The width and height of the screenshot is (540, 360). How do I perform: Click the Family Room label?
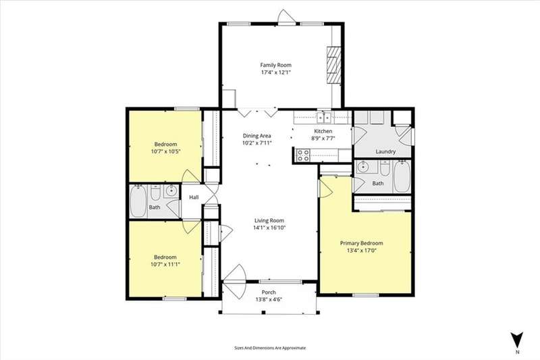pyautogui.click(x=275, y=65)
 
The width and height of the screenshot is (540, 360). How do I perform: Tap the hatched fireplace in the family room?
pyautogui.click(x=333, y=65)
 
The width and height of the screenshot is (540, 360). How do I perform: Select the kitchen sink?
pyautogui.click(x=324, y=118)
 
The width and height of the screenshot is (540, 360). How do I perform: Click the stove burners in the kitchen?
pyautogui.click(x=303, y=155)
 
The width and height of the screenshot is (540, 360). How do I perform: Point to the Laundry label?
pyautogui.click(x=385, y=151)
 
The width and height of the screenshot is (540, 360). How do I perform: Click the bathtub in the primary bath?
pyautogui.click(x=402, y=177)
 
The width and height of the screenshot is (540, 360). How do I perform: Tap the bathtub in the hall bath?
pyautogui.click(x=138, y=201)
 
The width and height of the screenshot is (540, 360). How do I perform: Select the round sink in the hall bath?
pyautogui.click(x=171, y=191)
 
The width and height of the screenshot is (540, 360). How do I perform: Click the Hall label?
pyautogui.click(x=194, y=197)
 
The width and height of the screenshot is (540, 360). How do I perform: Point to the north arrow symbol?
pyautogui.click(x=517, y=340)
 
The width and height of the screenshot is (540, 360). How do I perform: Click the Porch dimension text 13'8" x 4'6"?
pyautogui.click(x=269, y=299)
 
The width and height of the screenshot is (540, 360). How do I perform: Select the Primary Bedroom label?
pyautogui.click(x=361, y=243)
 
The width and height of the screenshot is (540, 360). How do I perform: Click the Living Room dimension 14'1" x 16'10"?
pyautogui.click(x=269, y=228)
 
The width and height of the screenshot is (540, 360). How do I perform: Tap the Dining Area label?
pyautogui.click(x=257, y=136)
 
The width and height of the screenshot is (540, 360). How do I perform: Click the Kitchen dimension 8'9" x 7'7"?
pyautogui.click(x=323, y=138)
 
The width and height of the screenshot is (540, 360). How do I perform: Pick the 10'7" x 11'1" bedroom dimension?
pyautogui.click(x=165, y=264)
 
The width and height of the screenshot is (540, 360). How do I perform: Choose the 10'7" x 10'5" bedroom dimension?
pyautogui.click(x=165, y=151)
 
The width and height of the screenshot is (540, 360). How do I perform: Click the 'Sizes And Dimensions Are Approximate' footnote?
pyautogui.click(x=269, y=348)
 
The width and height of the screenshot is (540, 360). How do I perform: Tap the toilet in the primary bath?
pyautogui.click(x=385, y=168)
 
